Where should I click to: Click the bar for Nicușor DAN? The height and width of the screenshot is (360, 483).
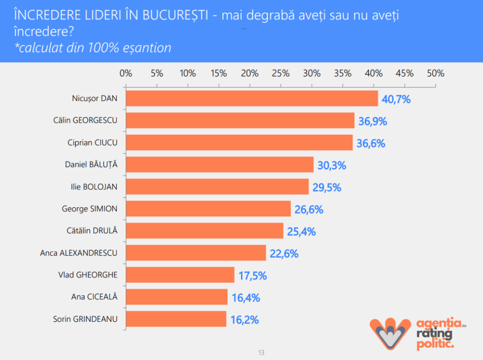coord(252,99)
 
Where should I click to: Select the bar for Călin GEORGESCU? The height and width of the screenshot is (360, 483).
coord(240,121)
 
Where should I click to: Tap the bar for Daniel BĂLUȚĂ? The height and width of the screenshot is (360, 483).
coord(220,165)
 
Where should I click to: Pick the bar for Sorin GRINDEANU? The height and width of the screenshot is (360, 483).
coord(176,319)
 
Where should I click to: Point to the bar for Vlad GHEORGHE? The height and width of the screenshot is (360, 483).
coord(180,275)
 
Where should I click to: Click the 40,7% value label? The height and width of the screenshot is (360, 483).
coord(396,100)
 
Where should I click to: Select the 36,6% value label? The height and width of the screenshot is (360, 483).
coord(371,144)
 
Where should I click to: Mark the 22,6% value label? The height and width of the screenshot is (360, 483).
coord(284,254)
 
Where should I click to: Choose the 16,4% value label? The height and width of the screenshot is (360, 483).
coord(246,298)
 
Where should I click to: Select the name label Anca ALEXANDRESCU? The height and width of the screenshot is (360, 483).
coord(79,253)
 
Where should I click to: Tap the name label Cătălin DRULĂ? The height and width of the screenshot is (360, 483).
coord(92,231)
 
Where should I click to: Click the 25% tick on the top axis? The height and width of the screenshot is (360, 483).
coord(281,73)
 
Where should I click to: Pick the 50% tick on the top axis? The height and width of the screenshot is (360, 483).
coord(436,73)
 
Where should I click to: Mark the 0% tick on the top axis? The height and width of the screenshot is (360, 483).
coord(126,73)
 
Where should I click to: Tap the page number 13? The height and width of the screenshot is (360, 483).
coord(261,352)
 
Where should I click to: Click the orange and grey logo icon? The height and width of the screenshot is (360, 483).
coord(389,332)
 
